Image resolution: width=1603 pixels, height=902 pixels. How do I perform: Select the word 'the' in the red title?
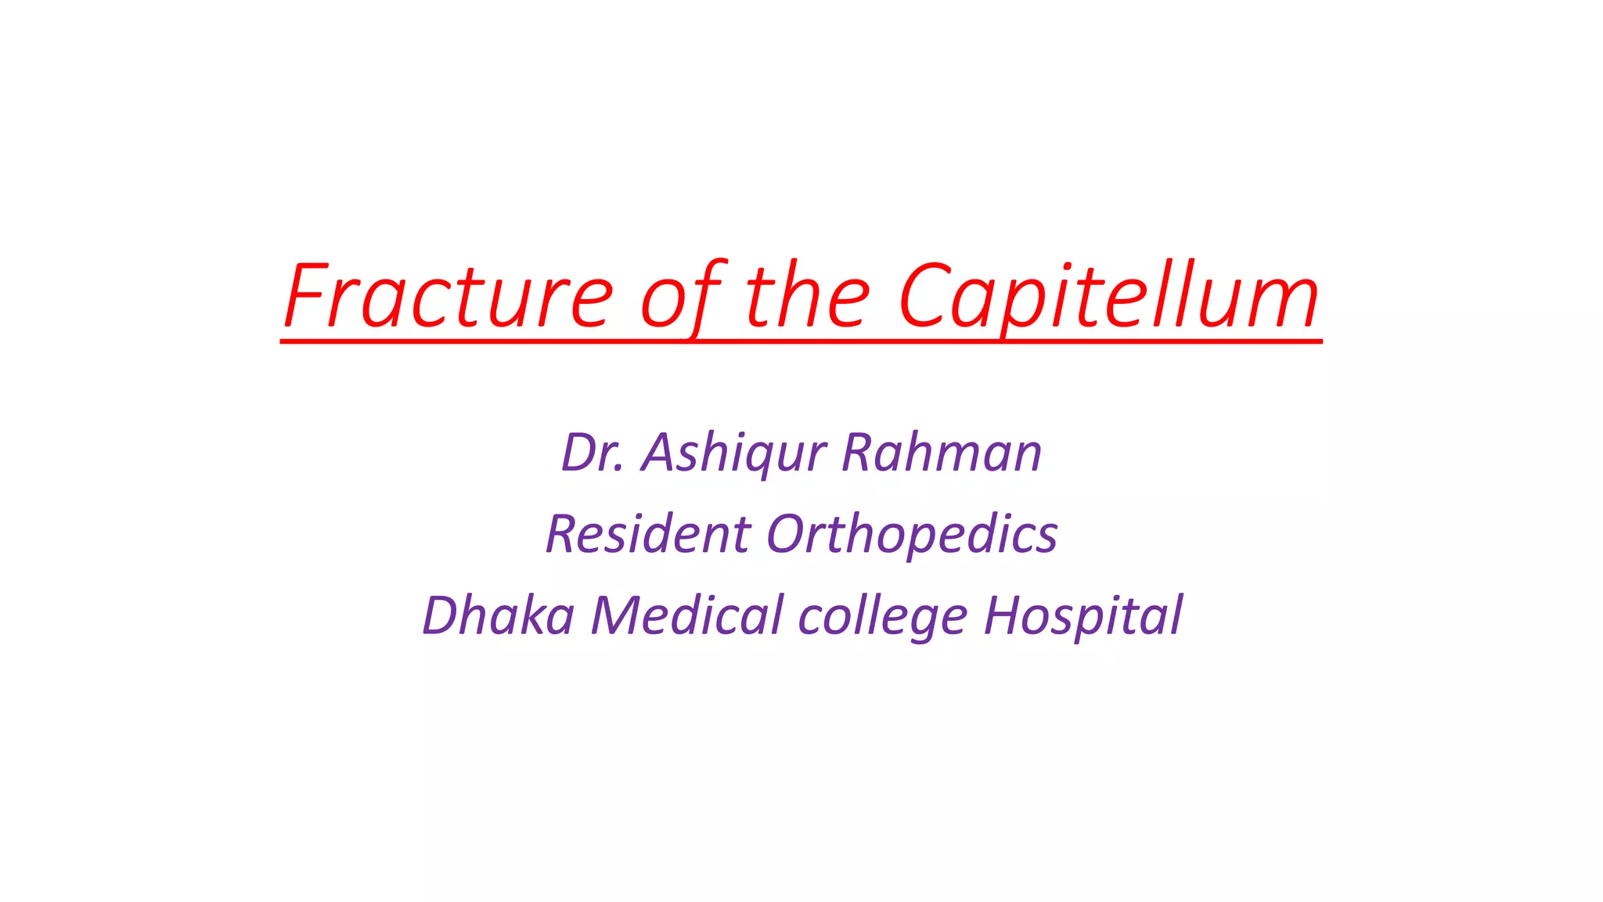[808, 296]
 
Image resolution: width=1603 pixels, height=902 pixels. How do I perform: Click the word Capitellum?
[1108, 296]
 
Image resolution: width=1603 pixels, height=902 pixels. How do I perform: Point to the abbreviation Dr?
[593, 453]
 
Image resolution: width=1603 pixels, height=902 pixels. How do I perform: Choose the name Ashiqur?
[733, 453]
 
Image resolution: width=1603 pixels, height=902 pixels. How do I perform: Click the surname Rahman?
[942, 453]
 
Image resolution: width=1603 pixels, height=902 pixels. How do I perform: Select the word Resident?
[648, 534]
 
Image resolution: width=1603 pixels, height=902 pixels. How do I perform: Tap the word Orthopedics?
[912, 534]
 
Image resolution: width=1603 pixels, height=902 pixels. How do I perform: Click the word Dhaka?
[499, 615]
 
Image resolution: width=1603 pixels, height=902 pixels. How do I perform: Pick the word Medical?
[686, 615]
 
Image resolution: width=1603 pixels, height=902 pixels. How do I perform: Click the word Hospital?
[1083, 615]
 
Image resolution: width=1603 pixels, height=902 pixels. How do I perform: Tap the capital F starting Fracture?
[305, 296]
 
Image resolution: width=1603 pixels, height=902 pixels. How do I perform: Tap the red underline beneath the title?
[801, 341]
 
